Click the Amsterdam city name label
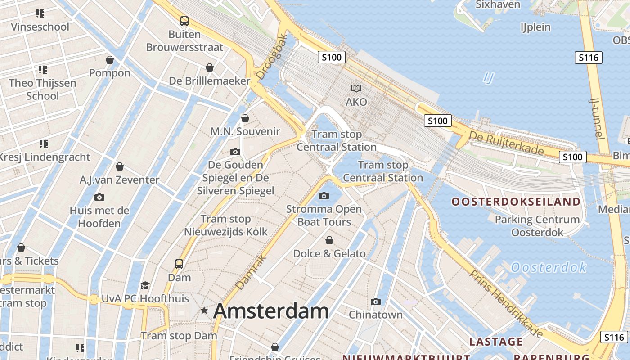pos(271,311)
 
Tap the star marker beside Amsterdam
pos(204,310)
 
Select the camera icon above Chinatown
pos(376,301)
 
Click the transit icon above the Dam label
pos(179,264)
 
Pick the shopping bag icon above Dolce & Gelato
pos(329,240)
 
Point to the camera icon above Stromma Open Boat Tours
pos(324,196)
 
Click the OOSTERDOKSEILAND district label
pos(516,202)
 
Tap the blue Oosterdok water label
pos(549,268)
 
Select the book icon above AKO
pos(356,89)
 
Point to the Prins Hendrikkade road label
pos(506,304)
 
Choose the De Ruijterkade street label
pos(506,142)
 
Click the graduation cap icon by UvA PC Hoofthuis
pos(145,285)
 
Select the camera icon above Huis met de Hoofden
pos(99,197)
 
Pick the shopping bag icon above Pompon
pos(110,60)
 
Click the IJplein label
pos(535,27)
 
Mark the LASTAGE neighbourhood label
pos(496,342)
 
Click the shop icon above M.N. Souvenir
pos(245,118)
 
